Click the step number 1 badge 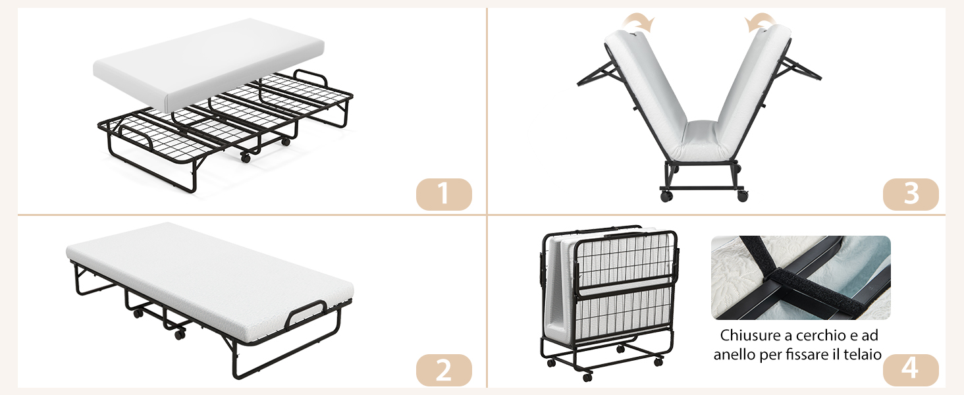444,194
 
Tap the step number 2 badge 444,370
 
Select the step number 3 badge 911,194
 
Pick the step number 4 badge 911,370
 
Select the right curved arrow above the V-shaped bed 761,22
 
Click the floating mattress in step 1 208,65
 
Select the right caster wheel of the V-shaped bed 742,196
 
